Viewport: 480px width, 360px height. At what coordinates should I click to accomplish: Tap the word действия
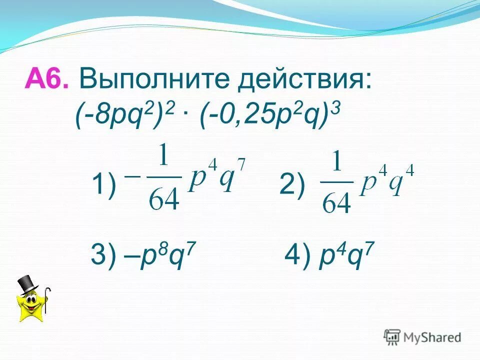coord(305,80)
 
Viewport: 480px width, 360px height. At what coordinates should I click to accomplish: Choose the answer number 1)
coord(103,186)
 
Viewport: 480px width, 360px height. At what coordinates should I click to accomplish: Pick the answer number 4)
coord(296,257)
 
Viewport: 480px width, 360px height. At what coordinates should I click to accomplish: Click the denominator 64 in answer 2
coord(336,202)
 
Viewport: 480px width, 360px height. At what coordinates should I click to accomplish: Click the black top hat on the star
coord(28,283)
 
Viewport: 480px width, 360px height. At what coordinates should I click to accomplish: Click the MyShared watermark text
coord(432,337)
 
